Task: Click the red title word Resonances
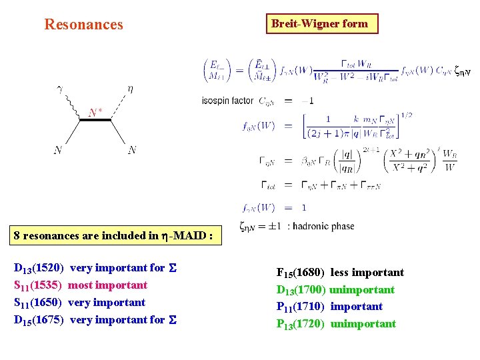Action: click(83, 25)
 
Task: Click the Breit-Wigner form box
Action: click(319, 24)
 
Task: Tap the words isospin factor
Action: click(227, 101)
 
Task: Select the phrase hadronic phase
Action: click(324, 227)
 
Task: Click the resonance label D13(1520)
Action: click(39, 268)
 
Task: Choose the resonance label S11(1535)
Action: click(38, 285)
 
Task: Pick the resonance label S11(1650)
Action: click(38, 303)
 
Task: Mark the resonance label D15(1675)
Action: click(39, 320)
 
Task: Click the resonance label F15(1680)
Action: click(301, 273)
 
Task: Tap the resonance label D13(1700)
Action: click(301, 290)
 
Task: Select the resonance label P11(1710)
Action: click(301, 307)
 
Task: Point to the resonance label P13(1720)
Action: click(301, 324)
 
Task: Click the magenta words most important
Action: click(108, 285)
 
